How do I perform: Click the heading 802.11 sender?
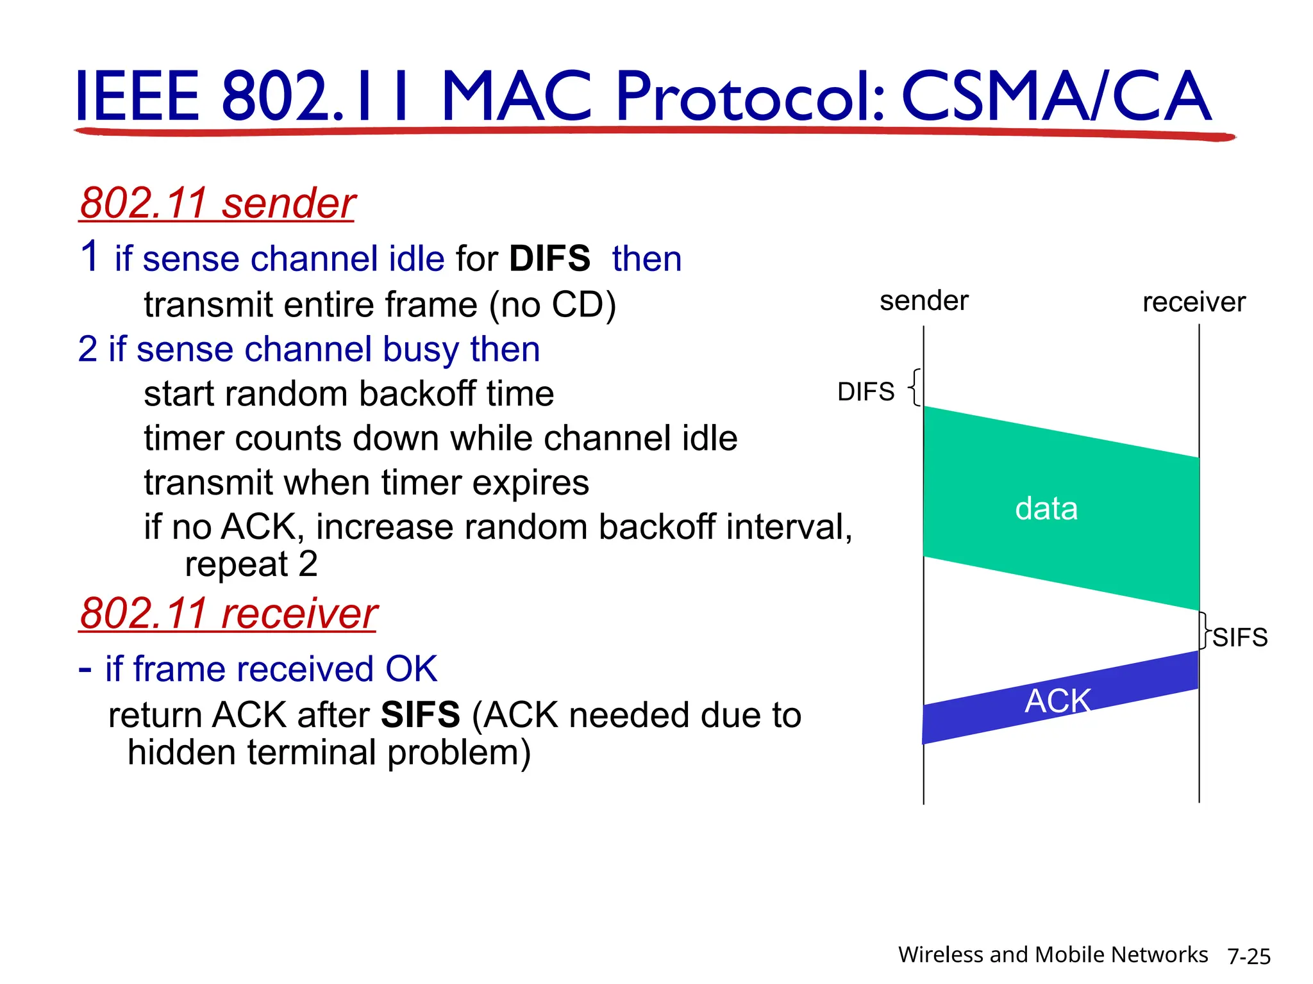pos(217,203)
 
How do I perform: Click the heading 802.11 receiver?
pos(228,613)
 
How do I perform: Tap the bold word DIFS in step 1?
pos(549,259)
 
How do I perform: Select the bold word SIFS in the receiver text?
pos(420,715)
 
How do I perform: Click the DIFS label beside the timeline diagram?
pos(866,391)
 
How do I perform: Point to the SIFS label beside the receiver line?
pos(1240,637)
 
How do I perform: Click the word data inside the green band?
pos(1046,509)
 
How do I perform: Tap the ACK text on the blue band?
pos(1058,700)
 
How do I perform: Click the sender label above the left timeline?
pos(924,301)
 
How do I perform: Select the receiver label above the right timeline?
pos(1194,302)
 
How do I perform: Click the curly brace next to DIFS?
pos(915,387)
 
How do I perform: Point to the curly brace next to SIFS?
pos(1205,630)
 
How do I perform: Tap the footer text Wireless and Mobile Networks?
pos(1053,955)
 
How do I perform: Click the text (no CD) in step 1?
pos(552,305)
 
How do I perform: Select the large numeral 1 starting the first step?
pos(90,256)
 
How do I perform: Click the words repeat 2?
pos(251,564)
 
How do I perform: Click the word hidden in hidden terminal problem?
pos(181,752)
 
